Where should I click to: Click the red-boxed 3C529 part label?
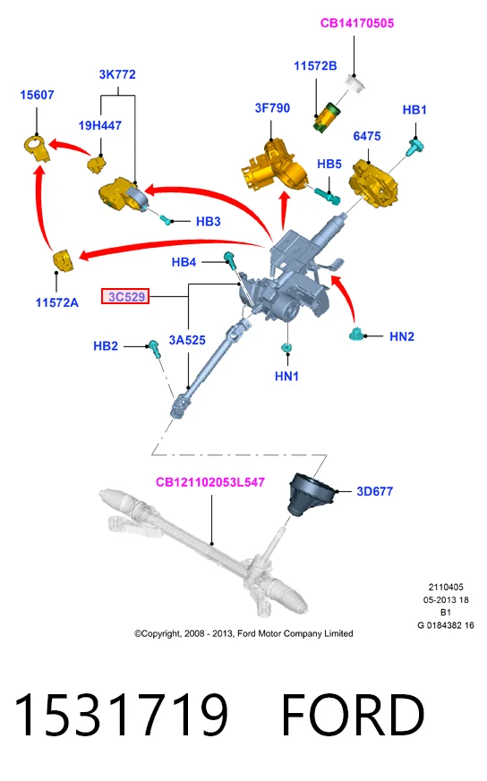[x=125, y=296]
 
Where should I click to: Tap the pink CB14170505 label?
[x=357, y=23]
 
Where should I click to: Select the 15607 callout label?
[x=37, y=95]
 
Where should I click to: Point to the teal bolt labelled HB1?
[x=415, y=148]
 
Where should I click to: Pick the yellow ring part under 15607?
[x=37, y=148]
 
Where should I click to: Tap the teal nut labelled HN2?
[x=356, y=334]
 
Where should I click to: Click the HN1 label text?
[x=286, y=376]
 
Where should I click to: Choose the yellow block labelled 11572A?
[x=63, y=261]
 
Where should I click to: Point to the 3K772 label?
[x=117, y=74]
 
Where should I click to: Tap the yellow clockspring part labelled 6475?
[x=375, y=183]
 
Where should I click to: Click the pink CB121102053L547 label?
[x=210, y=482]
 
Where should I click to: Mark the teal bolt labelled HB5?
[x=328, y=196]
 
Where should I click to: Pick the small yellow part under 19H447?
[x=97, y=164]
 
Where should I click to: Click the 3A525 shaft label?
[x=187, y=340]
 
